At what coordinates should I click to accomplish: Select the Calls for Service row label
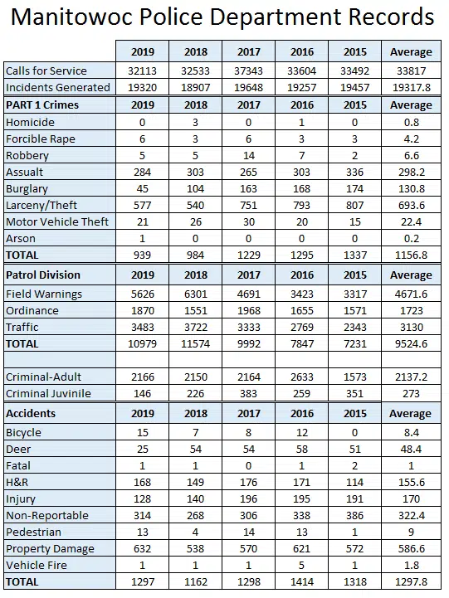(46, 71)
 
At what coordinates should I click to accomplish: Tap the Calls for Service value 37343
(248, 71)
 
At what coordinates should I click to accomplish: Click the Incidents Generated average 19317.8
(411, 88)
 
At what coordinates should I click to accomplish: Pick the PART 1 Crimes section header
(42, 105)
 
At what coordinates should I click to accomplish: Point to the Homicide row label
(30, 123)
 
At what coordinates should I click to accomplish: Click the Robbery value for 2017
(248, 156)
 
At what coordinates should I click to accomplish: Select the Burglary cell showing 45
(142, 189)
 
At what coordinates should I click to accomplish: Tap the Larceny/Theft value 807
(354, 205)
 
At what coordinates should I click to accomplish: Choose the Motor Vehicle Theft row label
(57, 222)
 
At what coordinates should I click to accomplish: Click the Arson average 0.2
(411, 238)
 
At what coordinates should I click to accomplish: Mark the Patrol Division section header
(43, 275)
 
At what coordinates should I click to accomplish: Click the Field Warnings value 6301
(195, 294)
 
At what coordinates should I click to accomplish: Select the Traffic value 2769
(302, 328)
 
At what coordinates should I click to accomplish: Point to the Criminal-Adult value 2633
(302, 377)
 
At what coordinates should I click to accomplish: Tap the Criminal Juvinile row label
(48, 394)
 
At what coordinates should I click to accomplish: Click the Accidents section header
(31, 413)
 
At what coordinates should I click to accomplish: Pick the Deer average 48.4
(411, 450)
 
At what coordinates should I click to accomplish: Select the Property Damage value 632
(142, 549)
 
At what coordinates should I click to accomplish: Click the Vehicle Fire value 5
(302, 565)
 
